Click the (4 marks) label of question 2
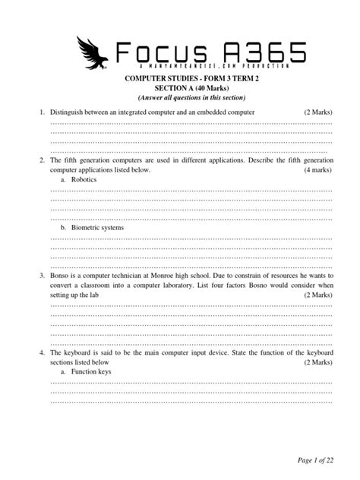318,171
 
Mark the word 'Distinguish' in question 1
69,112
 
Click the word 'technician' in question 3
134,276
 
